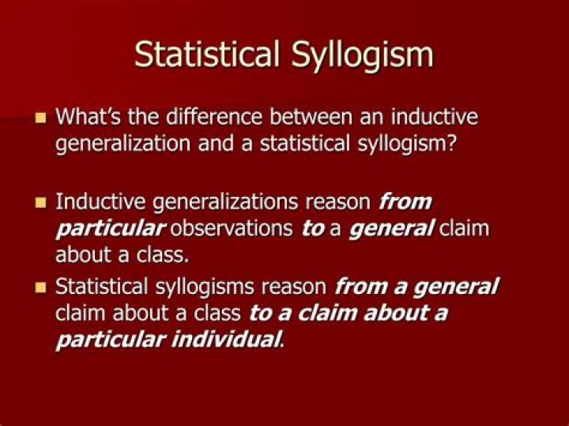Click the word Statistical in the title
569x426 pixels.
coord(207,54)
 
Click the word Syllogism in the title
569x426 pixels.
coord(362,56)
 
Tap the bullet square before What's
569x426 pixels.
coord(41,118)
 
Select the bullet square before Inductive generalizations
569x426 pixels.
coord(41,202)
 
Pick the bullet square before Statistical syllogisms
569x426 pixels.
coord(41,288)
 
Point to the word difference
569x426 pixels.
coord(213,117)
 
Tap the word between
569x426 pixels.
coord(311,117)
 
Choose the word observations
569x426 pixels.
coord(231,228)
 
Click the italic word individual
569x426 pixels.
coord(226,340)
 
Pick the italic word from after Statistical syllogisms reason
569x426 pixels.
coord(361,286)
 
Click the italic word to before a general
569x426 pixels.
coord(313,229)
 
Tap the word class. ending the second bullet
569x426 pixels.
coord(163,254)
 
